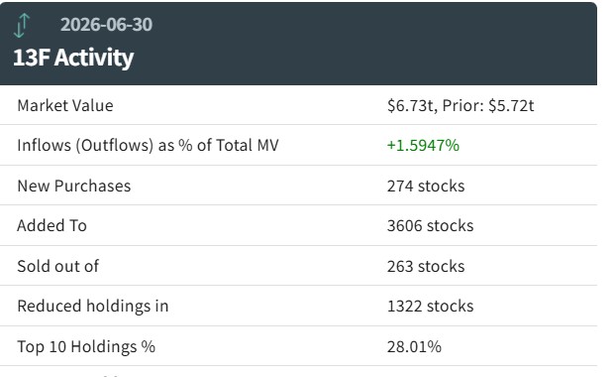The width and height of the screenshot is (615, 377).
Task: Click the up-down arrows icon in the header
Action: [22, 26]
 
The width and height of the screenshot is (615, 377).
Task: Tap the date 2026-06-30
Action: [106, 25]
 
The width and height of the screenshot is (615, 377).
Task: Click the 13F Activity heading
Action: [73, 58]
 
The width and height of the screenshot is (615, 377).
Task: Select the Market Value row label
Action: [65, 105]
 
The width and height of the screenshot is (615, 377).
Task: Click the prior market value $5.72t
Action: [511, 105]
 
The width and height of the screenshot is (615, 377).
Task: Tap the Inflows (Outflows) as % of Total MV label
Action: [148, 146]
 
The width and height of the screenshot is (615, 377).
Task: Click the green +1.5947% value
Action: [423, 146]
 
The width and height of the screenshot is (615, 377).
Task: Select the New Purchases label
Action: [73, 186]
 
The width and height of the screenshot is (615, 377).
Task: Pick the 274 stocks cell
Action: [426, 186]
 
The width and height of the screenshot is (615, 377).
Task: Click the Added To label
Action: [51, 225]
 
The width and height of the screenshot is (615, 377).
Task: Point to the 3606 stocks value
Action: [430, 225]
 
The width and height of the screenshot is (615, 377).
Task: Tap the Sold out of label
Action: [58, 266]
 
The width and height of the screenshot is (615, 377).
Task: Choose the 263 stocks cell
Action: [426, 266]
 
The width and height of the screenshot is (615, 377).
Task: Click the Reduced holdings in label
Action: [93, 307]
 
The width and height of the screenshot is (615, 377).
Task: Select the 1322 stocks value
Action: [430, 306]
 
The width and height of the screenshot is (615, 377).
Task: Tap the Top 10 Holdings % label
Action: [86, 346]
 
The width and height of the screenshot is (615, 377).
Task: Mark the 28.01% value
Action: [414, 346]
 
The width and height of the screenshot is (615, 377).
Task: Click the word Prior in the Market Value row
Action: [461, 105]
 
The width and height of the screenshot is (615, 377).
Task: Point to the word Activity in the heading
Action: [94, 59]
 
